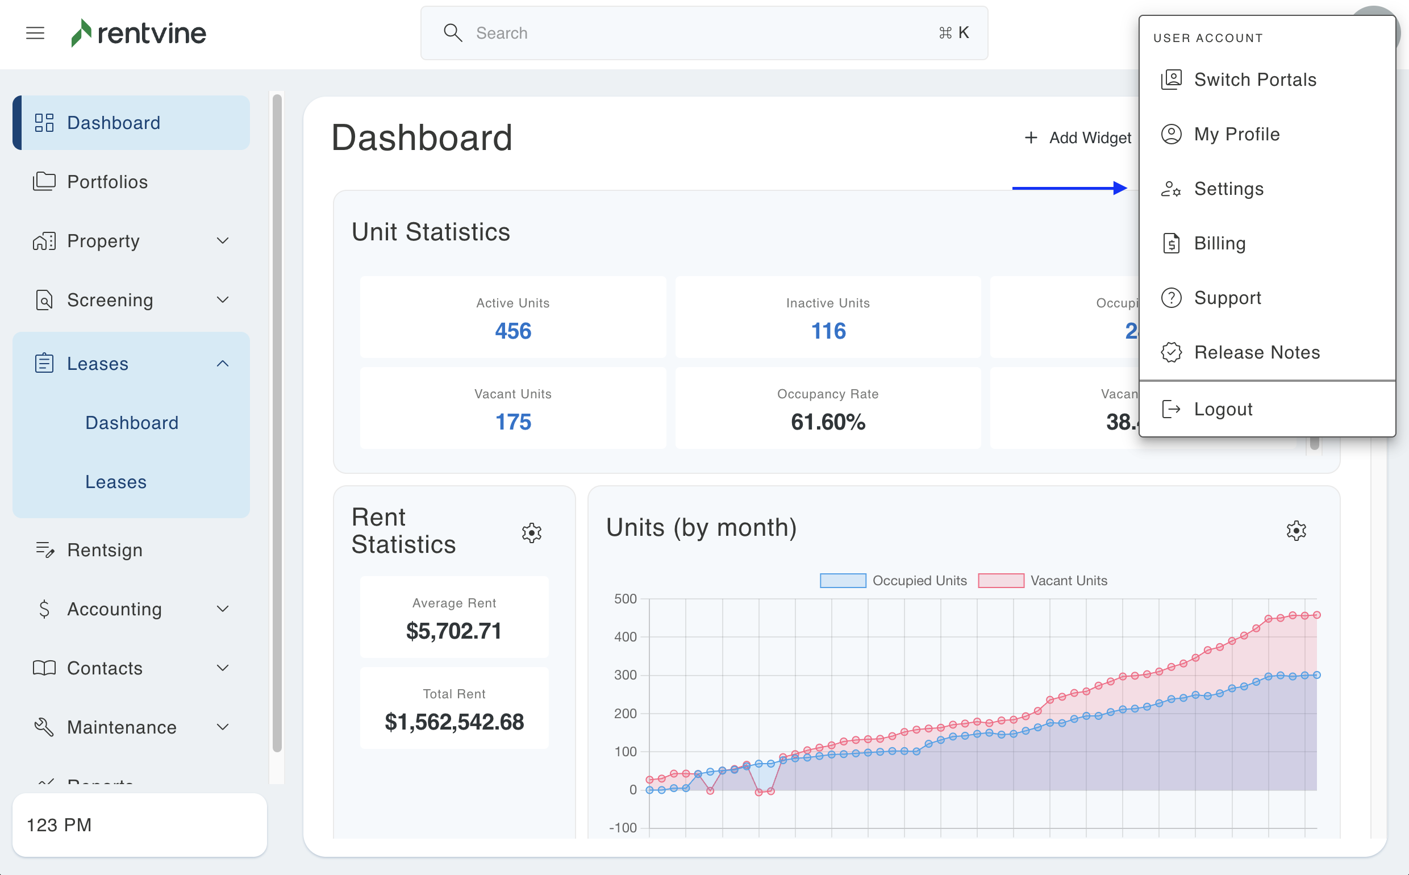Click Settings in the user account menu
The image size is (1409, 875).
[x=1228, y=189]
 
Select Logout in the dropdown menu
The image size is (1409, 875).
[x=1222, y=409]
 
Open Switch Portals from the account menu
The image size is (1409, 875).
[x=1254, y=80]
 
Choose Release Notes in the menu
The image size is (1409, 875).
[x=1256, y=352]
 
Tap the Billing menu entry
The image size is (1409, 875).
[x=1219, y=243]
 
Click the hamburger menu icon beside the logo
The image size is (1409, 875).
[x=35, y=33]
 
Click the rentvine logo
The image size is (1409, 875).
[x=139, y=33]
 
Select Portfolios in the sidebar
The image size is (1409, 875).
[x=107, y=182]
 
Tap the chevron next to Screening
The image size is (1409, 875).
[x=223, y=300]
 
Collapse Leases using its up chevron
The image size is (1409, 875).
[x=223, y=364]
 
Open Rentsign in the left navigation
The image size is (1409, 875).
[x=104, y=550]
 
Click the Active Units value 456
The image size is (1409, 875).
[x=512, y=331]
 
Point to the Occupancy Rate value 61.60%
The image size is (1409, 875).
[x=827, y=422]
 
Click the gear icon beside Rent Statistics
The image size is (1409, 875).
[x=531, y=532]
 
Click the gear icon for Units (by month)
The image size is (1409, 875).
[x=1295, y=530]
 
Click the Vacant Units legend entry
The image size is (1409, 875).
[x=1042, y=581]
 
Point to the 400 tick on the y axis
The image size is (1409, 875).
[x=625, y=636]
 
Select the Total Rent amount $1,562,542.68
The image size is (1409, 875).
[x=455, y=722]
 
